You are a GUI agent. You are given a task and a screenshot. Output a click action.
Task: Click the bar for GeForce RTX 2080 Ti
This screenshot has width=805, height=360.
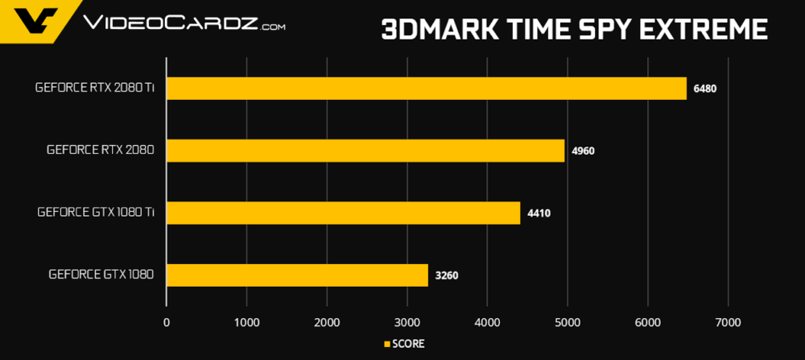point(427,88)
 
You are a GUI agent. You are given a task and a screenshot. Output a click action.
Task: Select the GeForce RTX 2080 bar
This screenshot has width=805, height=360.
point(365,151)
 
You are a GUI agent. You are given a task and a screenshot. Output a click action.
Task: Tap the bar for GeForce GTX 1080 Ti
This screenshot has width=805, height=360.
point(344,213)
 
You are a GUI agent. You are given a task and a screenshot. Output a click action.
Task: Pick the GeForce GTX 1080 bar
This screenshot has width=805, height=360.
point(298,275)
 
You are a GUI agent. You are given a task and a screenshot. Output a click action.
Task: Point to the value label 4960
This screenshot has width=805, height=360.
point(582,151)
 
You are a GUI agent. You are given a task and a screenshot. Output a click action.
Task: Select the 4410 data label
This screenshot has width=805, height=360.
point(538,213)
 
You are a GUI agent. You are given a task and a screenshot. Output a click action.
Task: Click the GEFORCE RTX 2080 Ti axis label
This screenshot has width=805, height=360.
point(95,88)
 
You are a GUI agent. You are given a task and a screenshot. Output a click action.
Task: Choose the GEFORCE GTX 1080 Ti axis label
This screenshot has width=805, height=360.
point(96,213)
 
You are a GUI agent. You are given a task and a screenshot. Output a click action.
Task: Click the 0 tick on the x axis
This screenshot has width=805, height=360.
point(167,323)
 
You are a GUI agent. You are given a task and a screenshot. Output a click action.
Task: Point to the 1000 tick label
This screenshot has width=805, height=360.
point(246,323)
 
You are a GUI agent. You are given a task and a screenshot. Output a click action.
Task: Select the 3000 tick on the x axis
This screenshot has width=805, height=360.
point(407,323)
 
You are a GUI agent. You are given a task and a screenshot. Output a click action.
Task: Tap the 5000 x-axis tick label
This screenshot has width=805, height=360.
point(568,323)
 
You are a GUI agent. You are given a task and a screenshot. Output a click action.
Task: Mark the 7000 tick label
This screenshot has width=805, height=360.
point(728,323)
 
